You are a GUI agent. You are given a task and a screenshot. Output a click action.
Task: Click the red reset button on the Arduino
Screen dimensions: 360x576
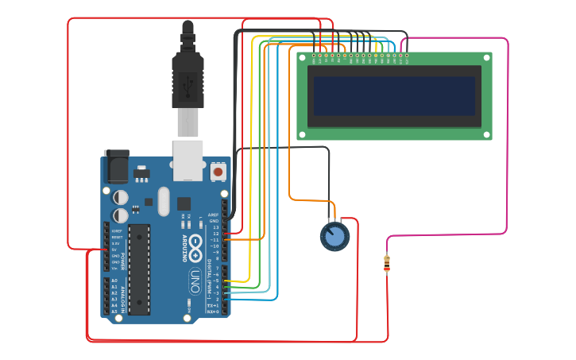coord(218,171)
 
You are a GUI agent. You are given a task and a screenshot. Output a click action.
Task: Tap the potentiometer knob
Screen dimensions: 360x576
coord(334,236)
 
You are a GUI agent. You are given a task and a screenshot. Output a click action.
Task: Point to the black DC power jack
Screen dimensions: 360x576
coord(116,167)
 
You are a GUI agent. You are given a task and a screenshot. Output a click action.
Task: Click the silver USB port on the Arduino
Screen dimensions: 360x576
coord(188,160)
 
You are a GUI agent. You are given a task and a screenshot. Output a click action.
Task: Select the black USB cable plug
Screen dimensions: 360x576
coord(187,79)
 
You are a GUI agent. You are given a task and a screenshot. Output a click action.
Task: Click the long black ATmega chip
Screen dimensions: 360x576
coord(139,269)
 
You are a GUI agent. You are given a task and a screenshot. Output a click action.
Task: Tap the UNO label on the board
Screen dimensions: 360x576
coord(195,281)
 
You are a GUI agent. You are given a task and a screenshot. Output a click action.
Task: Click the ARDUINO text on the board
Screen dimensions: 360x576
coord(184,249)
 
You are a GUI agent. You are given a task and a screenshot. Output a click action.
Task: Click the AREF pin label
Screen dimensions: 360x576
coord(213,215)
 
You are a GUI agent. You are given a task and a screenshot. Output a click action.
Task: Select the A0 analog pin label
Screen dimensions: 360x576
coord(114,281)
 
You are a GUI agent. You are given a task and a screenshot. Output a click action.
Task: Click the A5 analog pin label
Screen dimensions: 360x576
coord(114,312)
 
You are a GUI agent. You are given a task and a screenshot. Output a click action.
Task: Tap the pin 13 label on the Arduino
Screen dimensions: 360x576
coord(215,227)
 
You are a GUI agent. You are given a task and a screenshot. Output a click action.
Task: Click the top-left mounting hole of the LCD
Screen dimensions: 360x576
coord(302,57)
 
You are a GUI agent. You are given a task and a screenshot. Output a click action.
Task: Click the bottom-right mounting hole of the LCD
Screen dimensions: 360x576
coord(486,135)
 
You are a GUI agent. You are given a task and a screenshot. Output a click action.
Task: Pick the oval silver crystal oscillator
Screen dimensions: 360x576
coord(164,201)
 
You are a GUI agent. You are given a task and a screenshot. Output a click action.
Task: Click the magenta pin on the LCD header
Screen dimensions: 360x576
coord(408,56)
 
